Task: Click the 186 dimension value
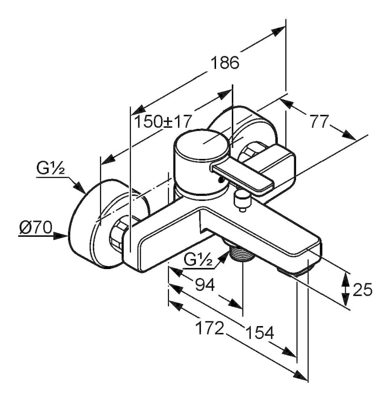click(224, 63)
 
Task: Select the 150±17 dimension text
click(163, 121)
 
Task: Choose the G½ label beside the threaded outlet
click(198, 261)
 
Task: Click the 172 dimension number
click(210, 328)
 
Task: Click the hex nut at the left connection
click(117, 236)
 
